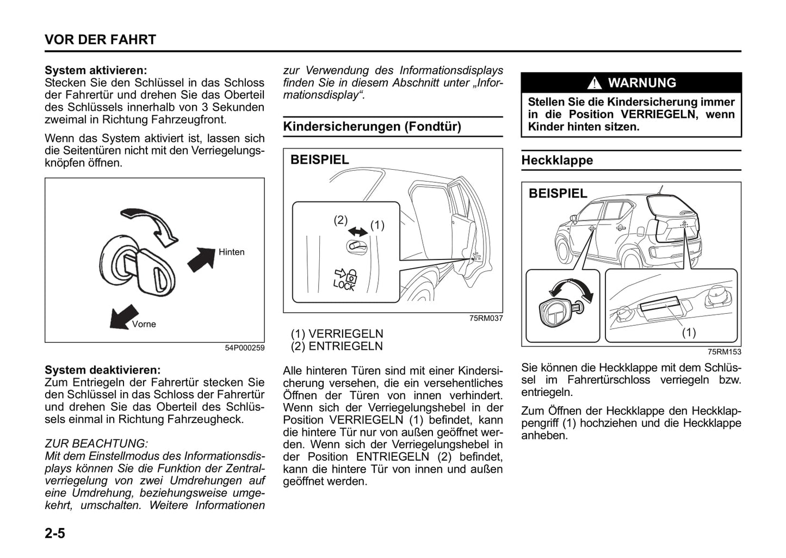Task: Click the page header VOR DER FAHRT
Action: pos(100,40)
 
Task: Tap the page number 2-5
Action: pos(55,533)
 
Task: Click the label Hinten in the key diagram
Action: pos(232,252)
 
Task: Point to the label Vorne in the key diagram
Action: pos(144,324)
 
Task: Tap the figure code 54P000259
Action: pos(245,348)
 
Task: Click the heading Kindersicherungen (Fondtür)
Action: pos(372,127)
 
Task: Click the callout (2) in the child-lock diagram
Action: pos(341,220)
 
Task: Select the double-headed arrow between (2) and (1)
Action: pos(357,231)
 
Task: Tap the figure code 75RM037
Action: pos(486,318)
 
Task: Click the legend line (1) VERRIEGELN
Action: pos(337,333)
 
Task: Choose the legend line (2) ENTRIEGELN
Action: pos(337,346)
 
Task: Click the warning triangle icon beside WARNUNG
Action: pos(595,83)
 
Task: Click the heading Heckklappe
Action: pos(557,160)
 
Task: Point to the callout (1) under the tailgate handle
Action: pos(689,332)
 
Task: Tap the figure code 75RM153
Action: pos(724,352)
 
